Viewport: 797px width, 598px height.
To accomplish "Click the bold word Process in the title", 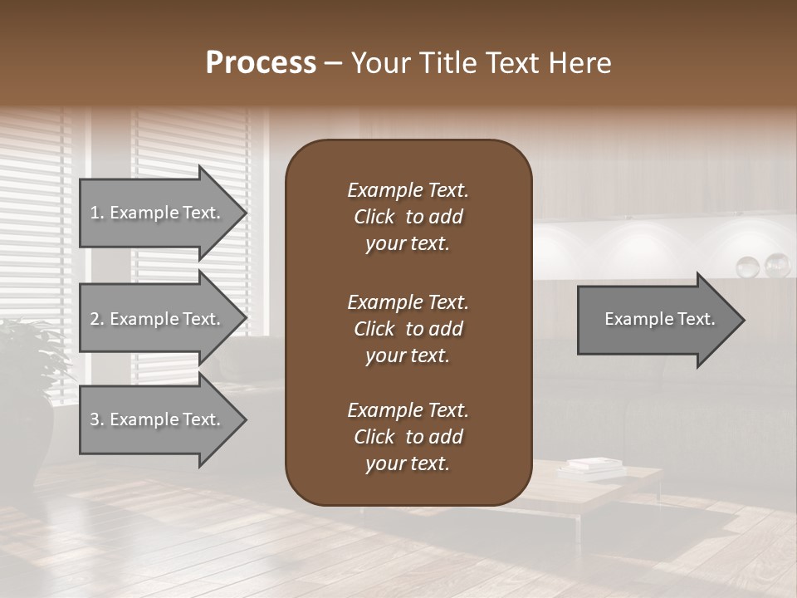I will coord(261,63).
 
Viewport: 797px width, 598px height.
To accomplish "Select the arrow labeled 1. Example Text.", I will coord(158,213).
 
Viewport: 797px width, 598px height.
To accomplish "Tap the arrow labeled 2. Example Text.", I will coord(158,319).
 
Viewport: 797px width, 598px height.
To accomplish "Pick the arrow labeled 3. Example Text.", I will coord(158,419).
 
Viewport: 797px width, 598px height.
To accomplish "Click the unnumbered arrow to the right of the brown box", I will coord(656,320).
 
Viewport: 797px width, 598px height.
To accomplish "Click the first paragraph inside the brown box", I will coord(408,217).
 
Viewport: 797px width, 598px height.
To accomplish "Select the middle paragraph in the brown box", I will coord(408,328).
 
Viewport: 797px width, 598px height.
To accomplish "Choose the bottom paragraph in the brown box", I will coord(408,437).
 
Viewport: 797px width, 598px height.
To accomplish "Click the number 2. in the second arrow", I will coord(97,319).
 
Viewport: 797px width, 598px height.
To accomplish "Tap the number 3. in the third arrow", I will coord(97,419).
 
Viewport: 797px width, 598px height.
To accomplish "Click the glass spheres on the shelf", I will coord(764,265).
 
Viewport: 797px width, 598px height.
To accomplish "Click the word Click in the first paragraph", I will coord(374,217).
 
